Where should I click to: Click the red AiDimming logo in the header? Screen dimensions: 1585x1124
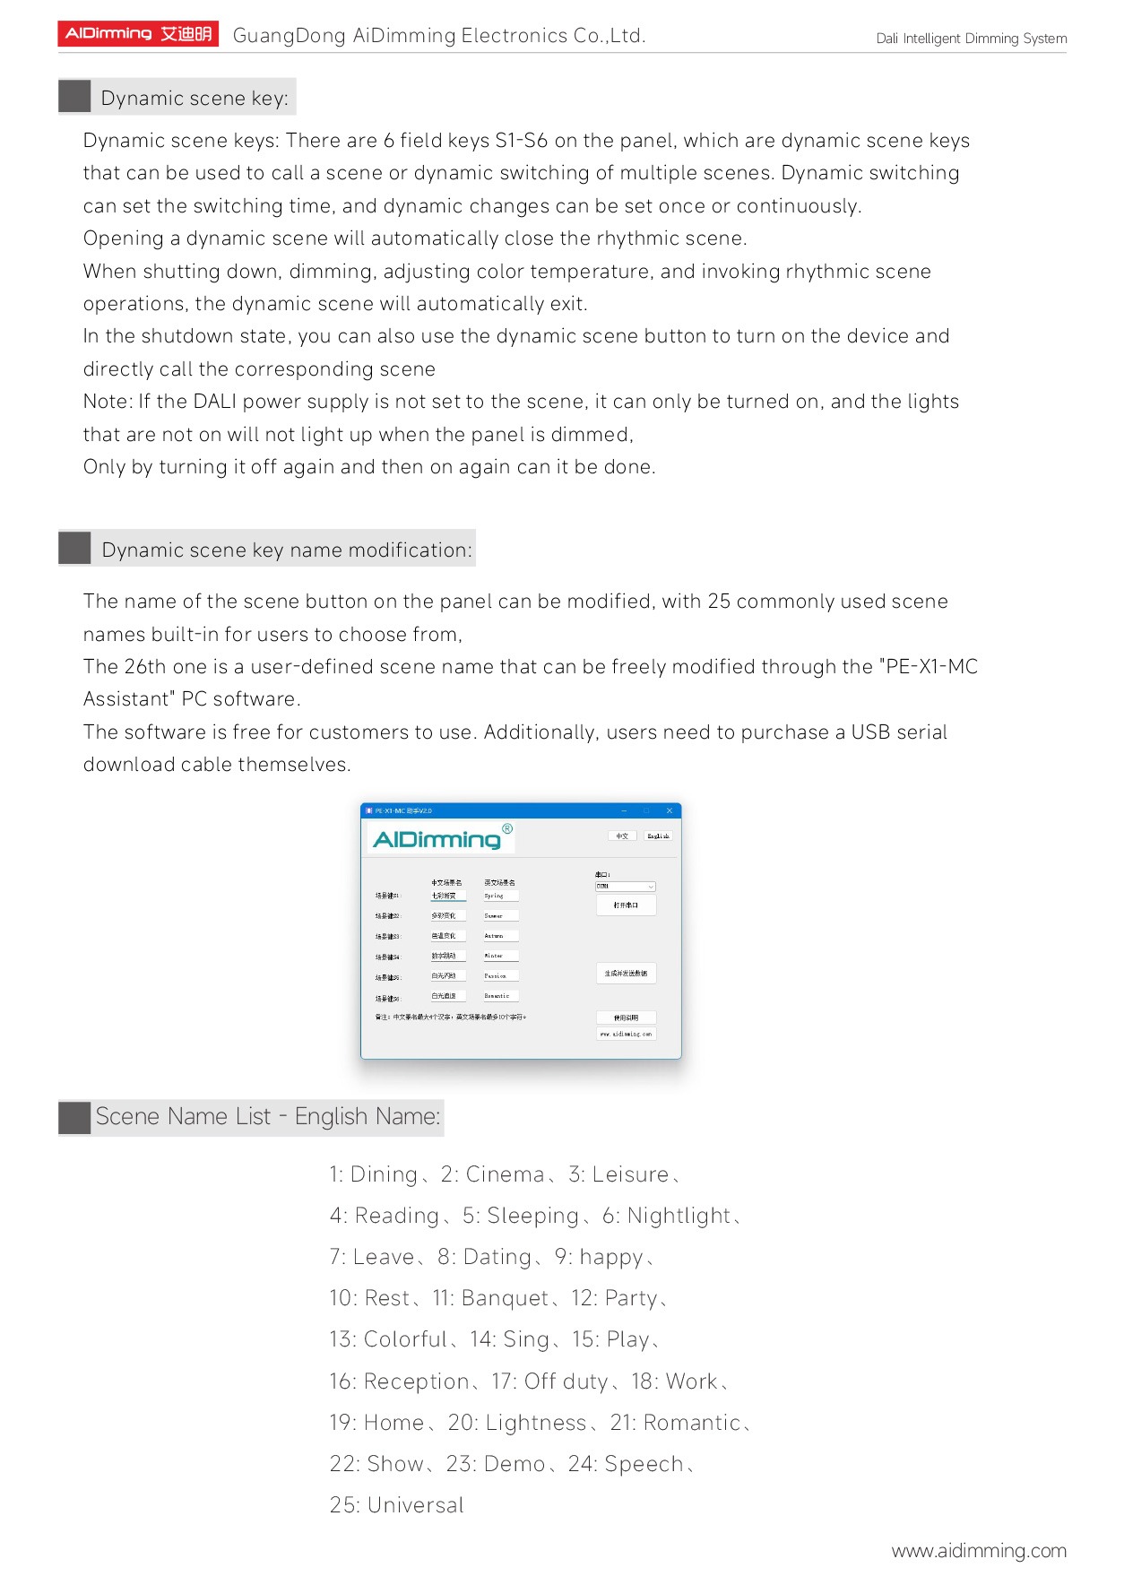coord(138,34)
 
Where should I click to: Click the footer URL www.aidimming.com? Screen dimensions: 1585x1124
coord(978,1550)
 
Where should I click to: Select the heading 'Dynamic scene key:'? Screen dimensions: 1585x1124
coord(194,98)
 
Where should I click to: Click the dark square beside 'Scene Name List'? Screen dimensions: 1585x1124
coord(74,1117)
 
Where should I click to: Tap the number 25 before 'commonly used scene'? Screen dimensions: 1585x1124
coord(719,602)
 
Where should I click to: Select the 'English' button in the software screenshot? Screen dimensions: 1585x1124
coord(658,836)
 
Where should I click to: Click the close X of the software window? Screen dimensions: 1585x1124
coord(669,810)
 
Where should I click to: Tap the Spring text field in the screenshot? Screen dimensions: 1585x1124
coord(500,896)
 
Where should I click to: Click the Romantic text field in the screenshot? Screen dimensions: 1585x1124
coord(500,996)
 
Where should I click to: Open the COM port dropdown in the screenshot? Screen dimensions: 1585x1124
coord(626,886)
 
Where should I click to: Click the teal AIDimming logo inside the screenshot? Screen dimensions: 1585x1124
coord(437,839)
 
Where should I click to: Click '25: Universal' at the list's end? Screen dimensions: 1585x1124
coord(396,1505)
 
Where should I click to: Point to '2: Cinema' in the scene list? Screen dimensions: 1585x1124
coord(492,1174)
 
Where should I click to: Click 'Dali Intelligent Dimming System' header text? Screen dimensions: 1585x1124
coord(971,39)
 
